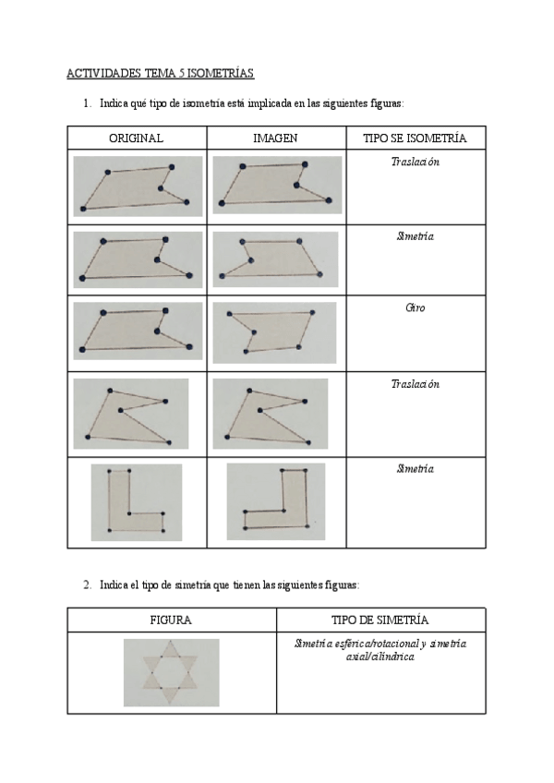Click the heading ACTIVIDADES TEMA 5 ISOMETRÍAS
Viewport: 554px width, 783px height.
pos(160,72)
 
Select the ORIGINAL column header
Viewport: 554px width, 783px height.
pos(136,139)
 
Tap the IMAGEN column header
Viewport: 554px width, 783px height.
pos(274,139)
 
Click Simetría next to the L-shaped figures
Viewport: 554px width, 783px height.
pos(415,468)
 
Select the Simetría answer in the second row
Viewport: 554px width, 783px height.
pos(415,236)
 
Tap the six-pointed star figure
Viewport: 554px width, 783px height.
pos(171,672)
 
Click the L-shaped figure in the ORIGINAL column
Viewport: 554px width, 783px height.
pos(136,502)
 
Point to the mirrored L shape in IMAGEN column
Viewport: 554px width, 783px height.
pos(276,501)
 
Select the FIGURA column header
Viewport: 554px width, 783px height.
pos(171,620)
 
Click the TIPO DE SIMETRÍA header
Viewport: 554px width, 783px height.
pos(379,620)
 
